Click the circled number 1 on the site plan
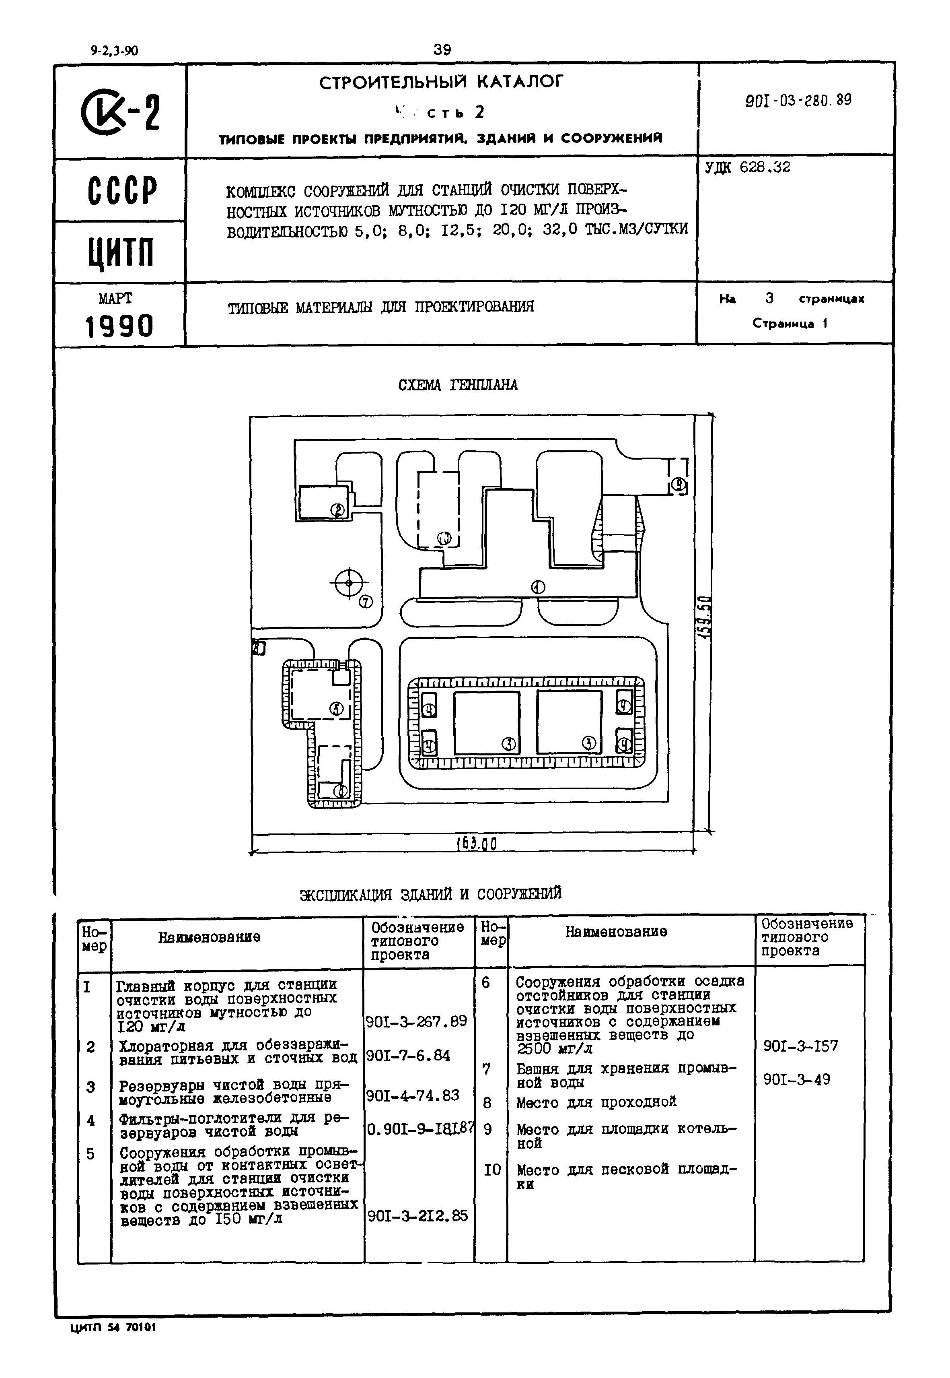tap(538, 587)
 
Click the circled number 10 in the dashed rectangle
tap(445, 538)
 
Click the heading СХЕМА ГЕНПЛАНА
tap(458, 385)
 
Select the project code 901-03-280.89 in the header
tap(798, 100)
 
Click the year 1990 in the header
tap(119, 326)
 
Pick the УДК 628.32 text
tap(748, 168)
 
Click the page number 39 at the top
tap(442, 50)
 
